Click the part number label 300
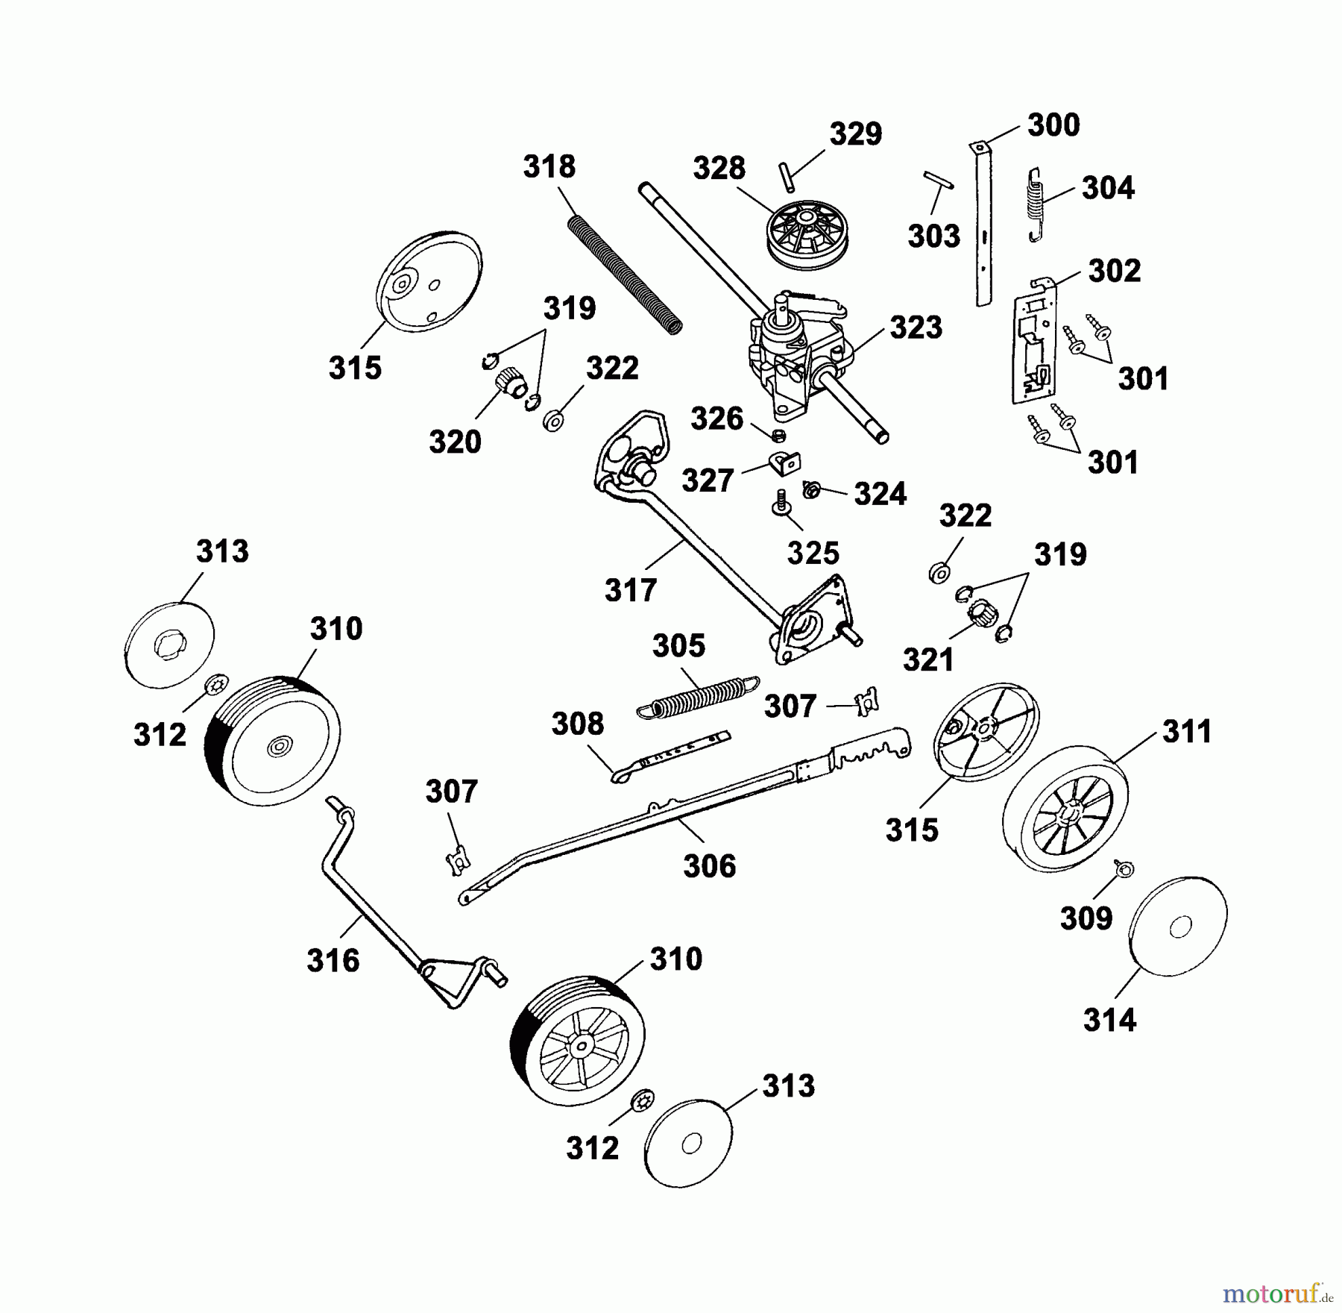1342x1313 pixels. click(x=1053, y=125)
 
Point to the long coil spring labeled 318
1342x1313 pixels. click(x=625, y=275)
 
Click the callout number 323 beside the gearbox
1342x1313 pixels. click(x=916, y=328)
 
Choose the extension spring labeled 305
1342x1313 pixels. click(x=699, y=696)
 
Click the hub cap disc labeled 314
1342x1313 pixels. click(x=1178, y=927)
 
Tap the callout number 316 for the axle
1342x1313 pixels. click(x=333, y=960)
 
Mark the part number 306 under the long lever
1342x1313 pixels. click(x=709, y=866)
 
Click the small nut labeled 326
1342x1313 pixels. click(x=778, y=435)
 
